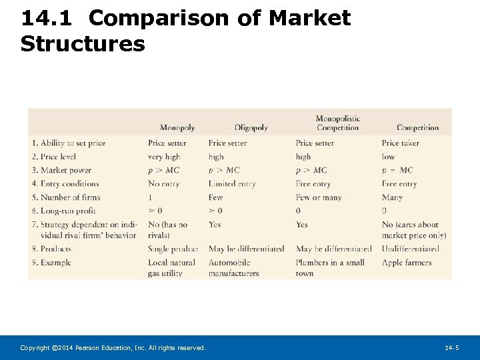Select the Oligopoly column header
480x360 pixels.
click(251, 128)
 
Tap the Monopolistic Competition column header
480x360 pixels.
click(337, 123)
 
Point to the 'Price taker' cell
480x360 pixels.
click(400, 143)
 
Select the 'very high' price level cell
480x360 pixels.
click(164, 157)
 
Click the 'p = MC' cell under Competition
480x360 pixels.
click(397, 170)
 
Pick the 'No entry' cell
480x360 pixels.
click(163, 183)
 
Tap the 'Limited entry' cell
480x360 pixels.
click(232, 183)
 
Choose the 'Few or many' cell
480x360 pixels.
click(319, 197)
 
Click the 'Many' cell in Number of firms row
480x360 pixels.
click(392, 197)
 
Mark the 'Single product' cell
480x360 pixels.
click(173, 249)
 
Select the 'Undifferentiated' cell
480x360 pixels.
click(410, 249)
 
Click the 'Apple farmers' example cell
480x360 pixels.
click(407, 263)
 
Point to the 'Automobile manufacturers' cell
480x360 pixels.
click(233, 268)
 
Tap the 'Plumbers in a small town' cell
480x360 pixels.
click(330, 268)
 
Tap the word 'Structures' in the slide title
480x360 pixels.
click(83, 44)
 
